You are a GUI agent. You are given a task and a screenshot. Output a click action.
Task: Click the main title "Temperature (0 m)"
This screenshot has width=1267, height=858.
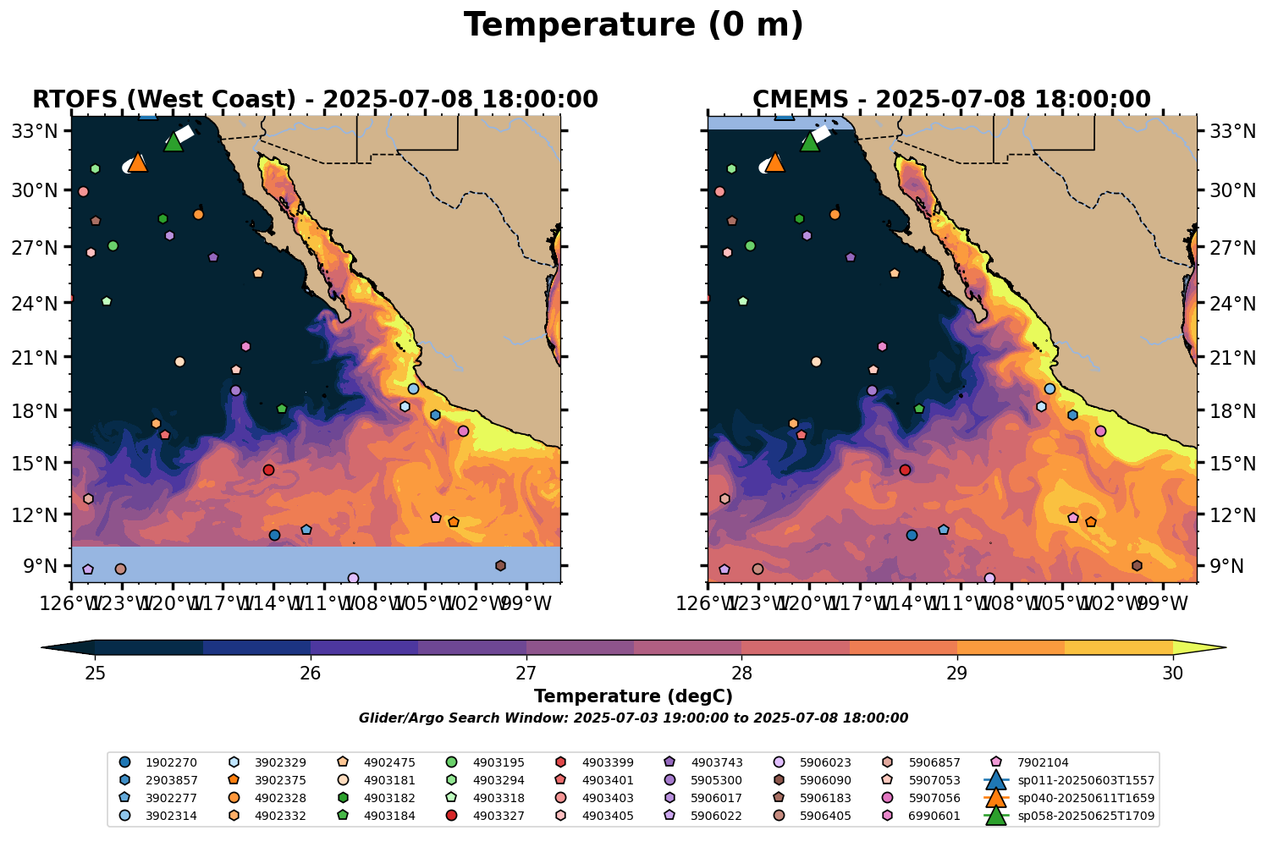click(633, 25)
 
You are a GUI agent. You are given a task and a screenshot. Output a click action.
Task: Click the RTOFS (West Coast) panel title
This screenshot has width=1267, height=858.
click(315, 100)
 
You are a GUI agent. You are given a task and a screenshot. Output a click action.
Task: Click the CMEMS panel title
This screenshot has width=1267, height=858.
click(951, 100)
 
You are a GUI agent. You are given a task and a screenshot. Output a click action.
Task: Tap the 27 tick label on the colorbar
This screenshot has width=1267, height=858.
click(526, 674)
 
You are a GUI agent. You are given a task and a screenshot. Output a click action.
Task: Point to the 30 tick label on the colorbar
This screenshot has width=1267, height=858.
click(1172, 674)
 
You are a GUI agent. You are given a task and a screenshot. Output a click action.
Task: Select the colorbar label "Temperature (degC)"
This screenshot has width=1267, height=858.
click(633, 696)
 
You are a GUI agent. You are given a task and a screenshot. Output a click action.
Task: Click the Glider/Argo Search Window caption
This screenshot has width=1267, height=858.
click(633, 718)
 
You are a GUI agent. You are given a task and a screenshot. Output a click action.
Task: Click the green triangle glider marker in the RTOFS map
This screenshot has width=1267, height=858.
click(174, 142)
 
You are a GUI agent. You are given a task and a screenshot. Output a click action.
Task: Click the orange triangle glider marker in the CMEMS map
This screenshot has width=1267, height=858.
click(774, 162)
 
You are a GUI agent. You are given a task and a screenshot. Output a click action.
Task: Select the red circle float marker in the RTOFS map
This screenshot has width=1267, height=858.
click(268, 470)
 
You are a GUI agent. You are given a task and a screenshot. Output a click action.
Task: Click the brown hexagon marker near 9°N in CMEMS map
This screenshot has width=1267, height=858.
click(1137, 565)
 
